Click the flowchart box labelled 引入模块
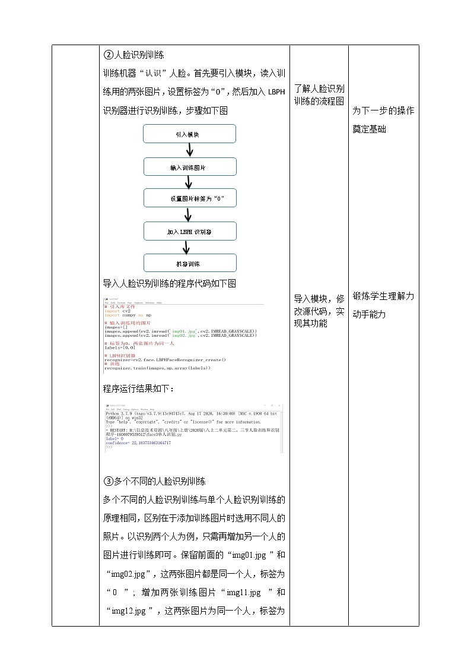click(190, 134)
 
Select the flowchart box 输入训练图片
click(190, 167)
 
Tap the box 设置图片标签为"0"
click(190, 198)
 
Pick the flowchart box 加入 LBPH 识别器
click(190, 232)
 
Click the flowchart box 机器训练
click(190, 264)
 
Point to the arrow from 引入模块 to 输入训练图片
click(190, 150)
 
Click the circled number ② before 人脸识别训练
click(108, 55)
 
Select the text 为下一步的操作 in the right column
click(383, 110)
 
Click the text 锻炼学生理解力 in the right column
click(383, 296)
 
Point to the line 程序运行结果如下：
click(139, 388)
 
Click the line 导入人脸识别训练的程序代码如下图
click(170, 283)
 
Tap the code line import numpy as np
click(128, 315)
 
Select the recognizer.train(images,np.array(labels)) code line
click(157, 368)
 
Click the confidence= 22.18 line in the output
click(138, 443)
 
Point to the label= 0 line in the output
click(115, 439)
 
